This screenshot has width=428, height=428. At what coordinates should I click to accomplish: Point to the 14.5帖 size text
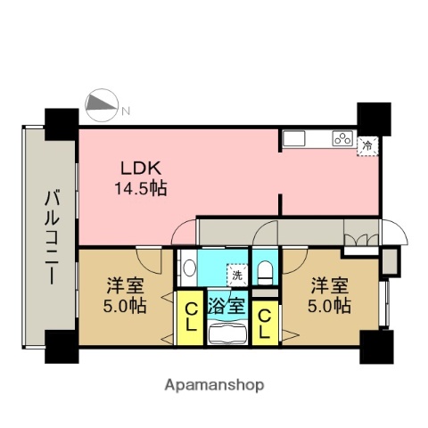pos(139,188)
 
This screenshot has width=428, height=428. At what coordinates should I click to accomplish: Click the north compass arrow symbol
pos(102,107)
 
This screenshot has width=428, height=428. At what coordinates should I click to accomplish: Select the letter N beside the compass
pos(126,111)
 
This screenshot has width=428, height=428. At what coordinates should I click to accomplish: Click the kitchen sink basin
pos(294,138)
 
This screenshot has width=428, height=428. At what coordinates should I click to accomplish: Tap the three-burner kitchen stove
pos(342,138)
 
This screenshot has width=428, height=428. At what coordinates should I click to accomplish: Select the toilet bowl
pos(264,270)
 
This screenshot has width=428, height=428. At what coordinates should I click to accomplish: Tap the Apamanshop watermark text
pos(214,386)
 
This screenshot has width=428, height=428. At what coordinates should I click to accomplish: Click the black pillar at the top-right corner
pos(374,117)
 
